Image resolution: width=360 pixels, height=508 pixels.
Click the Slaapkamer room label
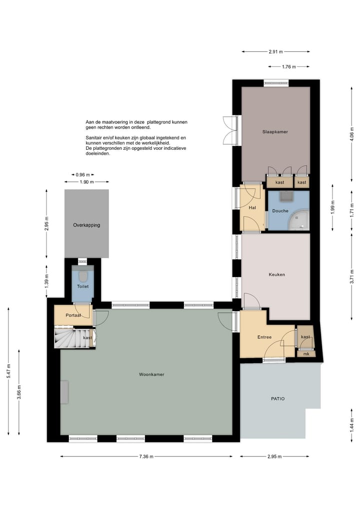275,132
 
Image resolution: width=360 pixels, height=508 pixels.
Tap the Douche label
280,211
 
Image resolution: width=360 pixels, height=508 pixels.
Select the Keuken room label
276,274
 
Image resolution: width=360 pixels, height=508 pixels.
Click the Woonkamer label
152,374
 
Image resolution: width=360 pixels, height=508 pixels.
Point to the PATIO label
277,399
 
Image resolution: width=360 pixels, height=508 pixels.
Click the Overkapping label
86,225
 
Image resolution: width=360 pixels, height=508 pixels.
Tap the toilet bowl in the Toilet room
83,275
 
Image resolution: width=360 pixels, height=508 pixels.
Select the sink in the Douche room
285,195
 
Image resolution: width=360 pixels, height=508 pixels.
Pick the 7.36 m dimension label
145,457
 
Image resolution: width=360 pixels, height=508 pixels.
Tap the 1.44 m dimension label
352,424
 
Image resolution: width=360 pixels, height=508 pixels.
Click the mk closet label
306,354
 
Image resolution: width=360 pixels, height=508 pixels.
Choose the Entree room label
264,337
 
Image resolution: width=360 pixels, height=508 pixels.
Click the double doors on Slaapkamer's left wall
229,130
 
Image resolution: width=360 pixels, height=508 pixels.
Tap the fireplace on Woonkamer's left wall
64,392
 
